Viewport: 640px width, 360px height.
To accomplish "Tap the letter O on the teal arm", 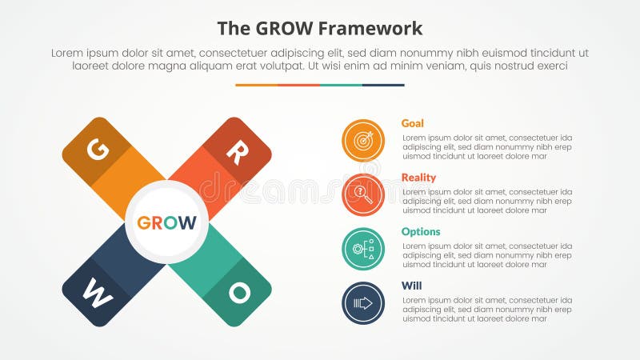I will coord(238,293).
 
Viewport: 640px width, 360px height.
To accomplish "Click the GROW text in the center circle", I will coord(166,222).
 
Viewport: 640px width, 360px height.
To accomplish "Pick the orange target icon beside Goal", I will coord(363,141).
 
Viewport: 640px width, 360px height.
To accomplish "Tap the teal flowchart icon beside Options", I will coord(363,249).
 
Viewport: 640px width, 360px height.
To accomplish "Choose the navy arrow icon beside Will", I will coord(363,303).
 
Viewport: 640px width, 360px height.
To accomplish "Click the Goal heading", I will coord(413,123).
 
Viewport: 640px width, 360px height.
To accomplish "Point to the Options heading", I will coord(421,232).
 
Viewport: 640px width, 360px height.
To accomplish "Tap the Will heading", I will coord(411,286).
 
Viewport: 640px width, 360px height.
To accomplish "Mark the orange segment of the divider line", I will coord(256,85).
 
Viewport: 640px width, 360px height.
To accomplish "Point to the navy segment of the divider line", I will coord(383,85).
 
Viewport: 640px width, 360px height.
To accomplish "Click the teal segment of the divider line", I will coord(341,85).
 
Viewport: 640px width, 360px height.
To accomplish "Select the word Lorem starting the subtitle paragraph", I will coord(68,53).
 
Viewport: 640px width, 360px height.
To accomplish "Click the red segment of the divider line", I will coord(298,85).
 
